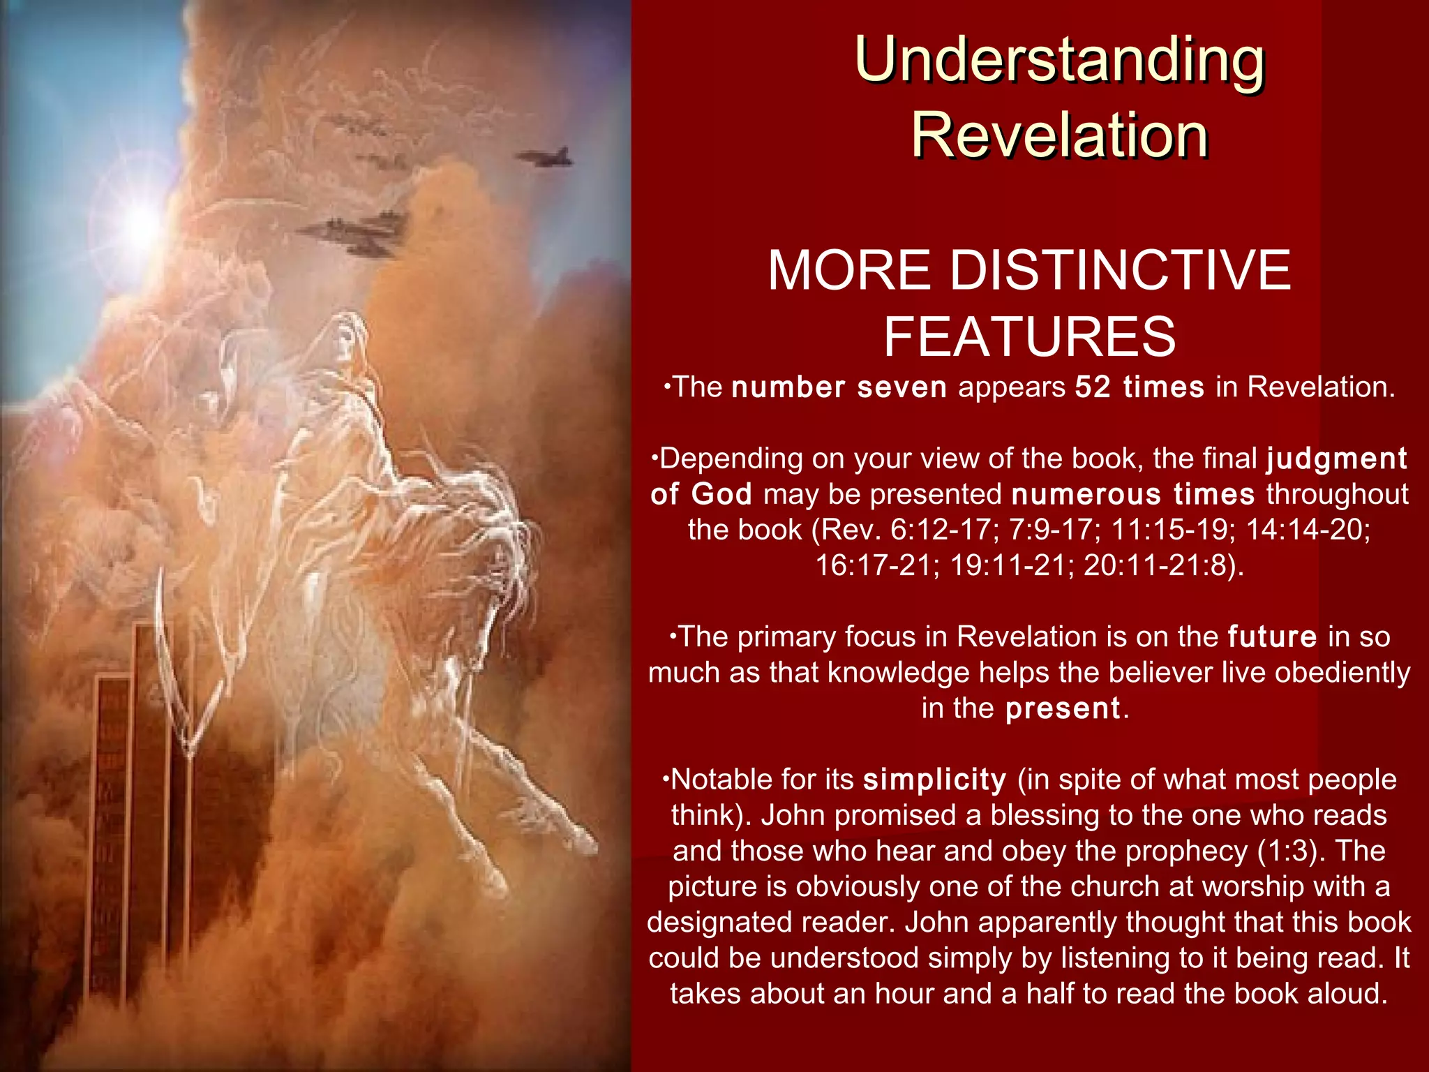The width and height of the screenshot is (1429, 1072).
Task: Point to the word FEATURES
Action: pos(1030,336)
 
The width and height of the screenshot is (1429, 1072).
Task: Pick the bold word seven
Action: pos(901,387)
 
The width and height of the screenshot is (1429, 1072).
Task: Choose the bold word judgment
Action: pos(1336,459)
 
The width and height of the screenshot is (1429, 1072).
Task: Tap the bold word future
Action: pos(1272,637)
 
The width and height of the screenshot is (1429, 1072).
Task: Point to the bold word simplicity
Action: pos(935,780)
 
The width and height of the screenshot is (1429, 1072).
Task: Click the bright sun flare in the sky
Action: pos(140,222)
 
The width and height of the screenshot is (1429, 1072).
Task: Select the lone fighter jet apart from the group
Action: pos(546,158)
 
